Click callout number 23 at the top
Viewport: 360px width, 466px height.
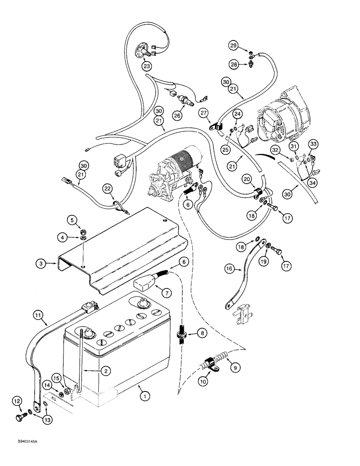(147, 67)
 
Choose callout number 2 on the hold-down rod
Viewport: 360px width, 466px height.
(107, 371)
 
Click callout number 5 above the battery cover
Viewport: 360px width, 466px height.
(71, 219)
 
